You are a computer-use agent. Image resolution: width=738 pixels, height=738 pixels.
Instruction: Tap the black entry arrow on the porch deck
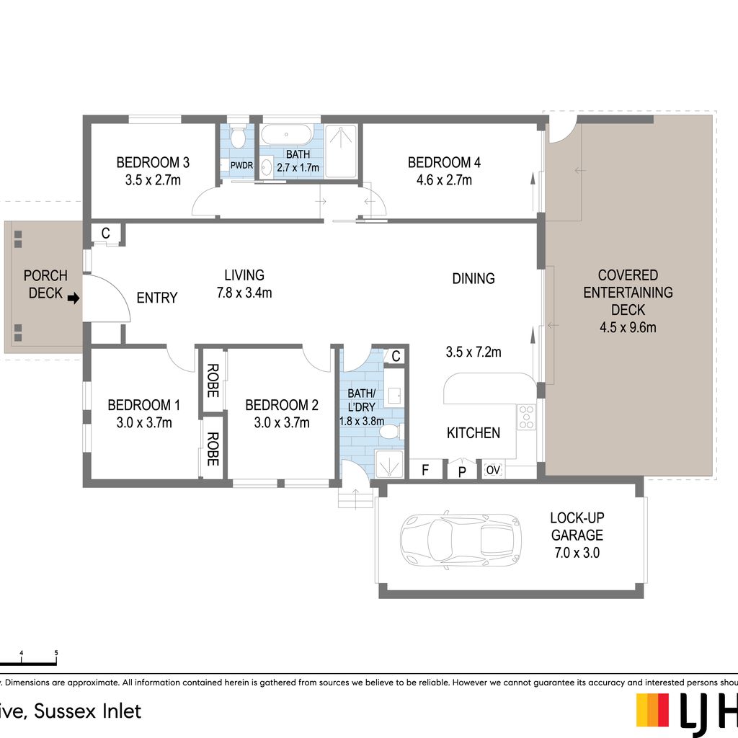(74, 298)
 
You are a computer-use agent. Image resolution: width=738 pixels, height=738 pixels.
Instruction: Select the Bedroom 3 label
(153, 162)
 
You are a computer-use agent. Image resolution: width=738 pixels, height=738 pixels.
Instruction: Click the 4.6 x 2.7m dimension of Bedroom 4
(444, 179)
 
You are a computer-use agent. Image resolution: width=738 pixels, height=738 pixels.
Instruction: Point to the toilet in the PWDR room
(238, 136)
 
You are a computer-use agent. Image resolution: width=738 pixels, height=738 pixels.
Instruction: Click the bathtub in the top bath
(286, 135)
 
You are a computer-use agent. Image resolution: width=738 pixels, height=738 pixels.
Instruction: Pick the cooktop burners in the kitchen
(527, 417)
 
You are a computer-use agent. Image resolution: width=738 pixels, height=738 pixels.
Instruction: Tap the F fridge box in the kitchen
(425, 469)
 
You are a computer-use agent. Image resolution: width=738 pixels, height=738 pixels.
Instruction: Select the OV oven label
(493, 470)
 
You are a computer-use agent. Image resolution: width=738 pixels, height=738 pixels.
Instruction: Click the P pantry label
(462, 471)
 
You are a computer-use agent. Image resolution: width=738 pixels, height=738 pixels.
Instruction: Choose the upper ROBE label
(213, 381)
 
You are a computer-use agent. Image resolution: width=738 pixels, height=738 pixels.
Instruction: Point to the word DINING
(474, 279)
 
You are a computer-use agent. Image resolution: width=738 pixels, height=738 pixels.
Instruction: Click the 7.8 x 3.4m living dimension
(244, 293)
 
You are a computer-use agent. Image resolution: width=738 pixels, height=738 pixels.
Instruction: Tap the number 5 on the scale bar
(56, 653)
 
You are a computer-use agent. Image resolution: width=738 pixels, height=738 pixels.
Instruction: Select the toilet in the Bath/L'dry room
(390, 431)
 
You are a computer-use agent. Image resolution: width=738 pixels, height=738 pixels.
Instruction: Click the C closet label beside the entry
(106, 233)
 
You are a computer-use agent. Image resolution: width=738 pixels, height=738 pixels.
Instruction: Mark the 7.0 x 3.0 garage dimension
(577, 553)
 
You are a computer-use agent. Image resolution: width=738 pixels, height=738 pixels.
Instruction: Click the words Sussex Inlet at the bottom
(87, 711)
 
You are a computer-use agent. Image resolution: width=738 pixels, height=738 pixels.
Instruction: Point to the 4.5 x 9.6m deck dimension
(628, 327)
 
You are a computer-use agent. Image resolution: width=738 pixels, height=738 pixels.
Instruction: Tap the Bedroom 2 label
(282, 405)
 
